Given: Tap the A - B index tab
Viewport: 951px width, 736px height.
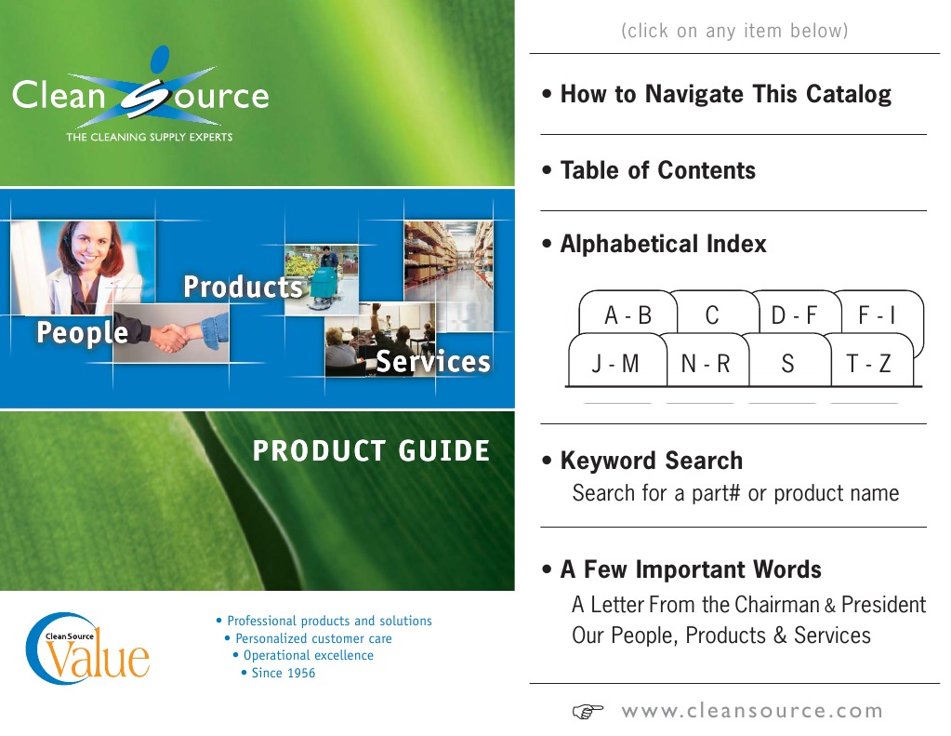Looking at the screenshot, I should point(627,315).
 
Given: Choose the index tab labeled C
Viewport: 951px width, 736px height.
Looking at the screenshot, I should point(712,315).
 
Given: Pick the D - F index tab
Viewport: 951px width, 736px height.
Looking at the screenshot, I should point(794,315).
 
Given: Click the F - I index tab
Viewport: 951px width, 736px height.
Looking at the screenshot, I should point(877,315).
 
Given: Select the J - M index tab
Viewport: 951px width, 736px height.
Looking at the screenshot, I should point(615,364).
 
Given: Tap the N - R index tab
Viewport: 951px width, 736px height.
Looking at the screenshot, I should point(706,364).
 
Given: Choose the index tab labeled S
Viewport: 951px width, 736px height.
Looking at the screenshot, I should point(787,364).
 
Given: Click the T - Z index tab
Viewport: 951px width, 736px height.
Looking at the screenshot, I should point(869,364).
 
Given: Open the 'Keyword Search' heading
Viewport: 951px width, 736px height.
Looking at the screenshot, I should point(651,461).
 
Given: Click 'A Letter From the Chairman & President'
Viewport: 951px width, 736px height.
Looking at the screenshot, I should point(748,605).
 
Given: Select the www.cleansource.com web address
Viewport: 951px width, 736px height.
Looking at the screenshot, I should point(752,712).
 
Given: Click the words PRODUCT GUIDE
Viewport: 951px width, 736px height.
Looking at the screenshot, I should point(371,451).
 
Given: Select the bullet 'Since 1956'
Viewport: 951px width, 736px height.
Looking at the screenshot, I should point(283,673).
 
